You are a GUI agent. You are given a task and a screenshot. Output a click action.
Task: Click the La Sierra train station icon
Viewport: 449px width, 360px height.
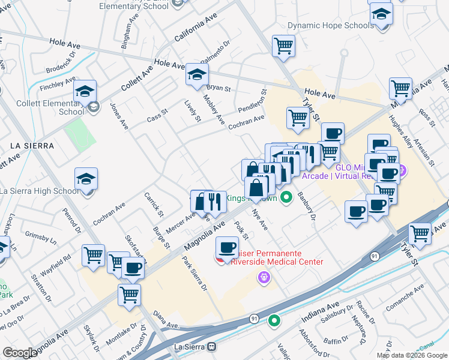click(x=211, y=347)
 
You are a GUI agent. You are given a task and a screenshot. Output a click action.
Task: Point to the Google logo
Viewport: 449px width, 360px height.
click(x=20, y=353)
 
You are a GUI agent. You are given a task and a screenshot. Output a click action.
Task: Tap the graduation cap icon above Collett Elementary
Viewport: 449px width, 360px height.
click(x=85, y=91)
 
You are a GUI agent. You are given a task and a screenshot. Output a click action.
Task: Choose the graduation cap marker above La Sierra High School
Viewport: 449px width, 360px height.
click(x=86, y=179)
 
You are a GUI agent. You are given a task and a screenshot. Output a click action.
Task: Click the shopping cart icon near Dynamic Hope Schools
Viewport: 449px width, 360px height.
click(x=283, y=46)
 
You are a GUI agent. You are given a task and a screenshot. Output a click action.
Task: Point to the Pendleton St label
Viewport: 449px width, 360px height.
click(x=262, y=100)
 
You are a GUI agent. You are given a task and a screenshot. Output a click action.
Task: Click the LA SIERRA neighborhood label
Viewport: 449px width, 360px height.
click(x=32, y=146)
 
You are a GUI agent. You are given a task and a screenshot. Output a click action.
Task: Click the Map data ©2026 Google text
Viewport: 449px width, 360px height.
click(x=412, y=355)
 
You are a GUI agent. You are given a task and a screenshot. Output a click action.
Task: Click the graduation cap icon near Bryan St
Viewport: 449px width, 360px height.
click(x=196, y=74)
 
